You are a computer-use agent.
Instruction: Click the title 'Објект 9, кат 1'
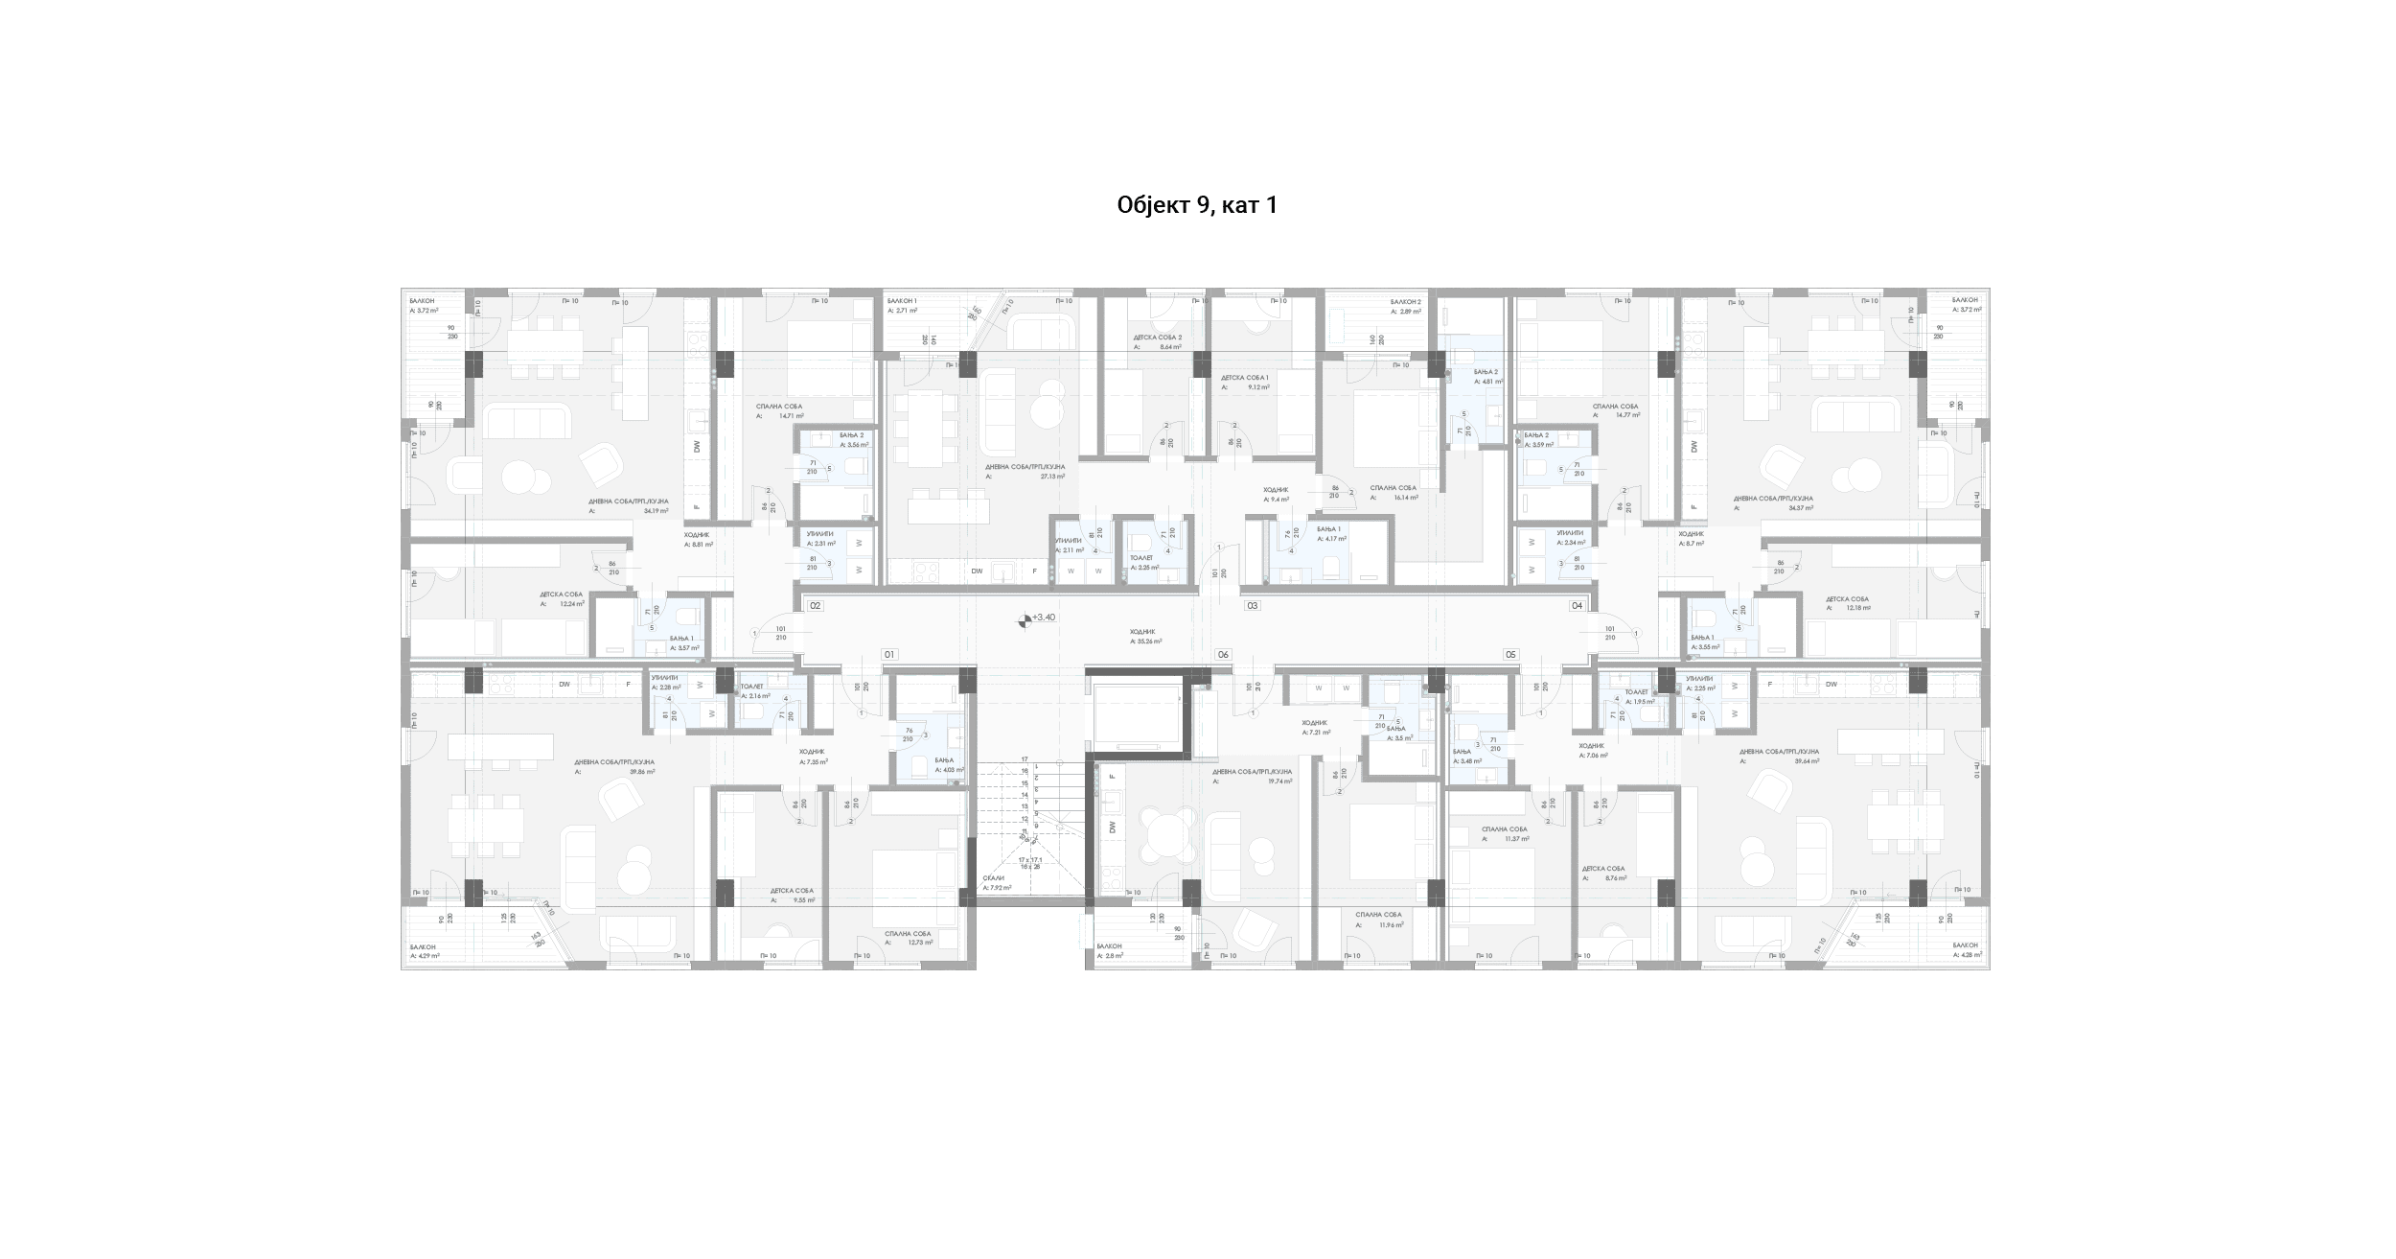1197,205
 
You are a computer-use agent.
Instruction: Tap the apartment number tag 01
888,655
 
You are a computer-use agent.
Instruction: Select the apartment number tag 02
816,606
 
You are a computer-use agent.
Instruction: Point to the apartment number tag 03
1252,606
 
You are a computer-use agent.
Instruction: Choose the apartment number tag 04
1577,606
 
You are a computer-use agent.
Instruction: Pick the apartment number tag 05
1511,655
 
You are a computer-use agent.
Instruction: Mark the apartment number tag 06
1223,655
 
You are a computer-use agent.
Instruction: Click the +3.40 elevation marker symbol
1025,620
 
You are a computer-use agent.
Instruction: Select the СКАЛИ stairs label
993,878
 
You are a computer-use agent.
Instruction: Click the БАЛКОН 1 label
902,301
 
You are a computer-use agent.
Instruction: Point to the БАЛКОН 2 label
1406,301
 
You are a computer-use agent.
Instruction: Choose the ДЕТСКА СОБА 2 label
1158,338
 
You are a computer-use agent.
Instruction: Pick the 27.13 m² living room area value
1052,476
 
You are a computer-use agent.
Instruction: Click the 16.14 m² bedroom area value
1406,498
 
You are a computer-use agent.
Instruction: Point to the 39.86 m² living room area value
642,772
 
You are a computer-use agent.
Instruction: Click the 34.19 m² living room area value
656,511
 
